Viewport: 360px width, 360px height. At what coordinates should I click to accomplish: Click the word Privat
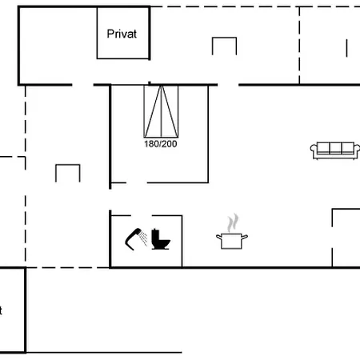[122, 34]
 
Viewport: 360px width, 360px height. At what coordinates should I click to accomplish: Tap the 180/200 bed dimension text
[161, 144]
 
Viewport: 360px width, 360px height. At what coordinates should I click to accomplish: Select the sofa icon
[335, 150]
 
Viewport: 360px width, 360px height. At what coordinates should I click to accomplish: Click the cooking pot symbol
[232, 241]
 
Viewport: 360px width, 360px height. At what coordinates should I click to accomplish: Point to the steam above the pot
[233, 222]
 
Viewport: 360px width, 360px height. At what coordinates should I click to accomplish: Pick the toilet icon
[161, 239]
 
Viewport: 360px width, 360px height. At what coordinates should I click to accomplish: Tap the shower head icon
[133, 238]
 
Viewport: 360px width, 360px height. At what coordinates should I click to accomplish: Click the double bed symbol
[161, 111]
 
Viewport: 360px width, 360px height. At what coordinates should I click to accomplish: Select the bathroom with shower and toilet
[146, 241]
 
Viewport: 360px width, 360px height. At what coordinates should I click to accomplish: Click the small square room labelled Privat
[123, 33]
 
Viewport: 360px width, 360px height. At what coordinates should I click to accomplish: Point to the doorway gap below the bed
[137, 183]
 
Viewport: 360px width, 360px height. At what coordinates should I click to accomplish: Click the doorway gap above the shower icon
[142, 215]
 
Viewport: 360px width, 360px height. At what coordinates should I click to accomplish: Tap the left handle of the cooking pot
[219, 237]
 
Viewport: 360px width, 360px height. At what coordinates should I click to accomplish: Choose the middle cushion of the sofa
[335, 147]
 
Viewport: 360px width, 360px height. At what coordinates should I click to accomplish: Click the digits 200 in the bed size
[169, 144]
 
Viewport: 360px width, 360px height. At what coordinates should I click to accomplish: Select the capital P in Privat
[110, 34]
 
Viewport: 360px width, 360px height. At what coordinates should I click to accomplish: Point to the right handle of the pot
[245, 237]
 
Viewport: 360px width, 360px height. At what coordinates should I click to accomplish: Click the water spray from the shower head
[144, 238]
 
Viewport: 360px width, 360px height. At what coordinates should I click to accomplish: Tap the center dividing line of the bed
[161, 111]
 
